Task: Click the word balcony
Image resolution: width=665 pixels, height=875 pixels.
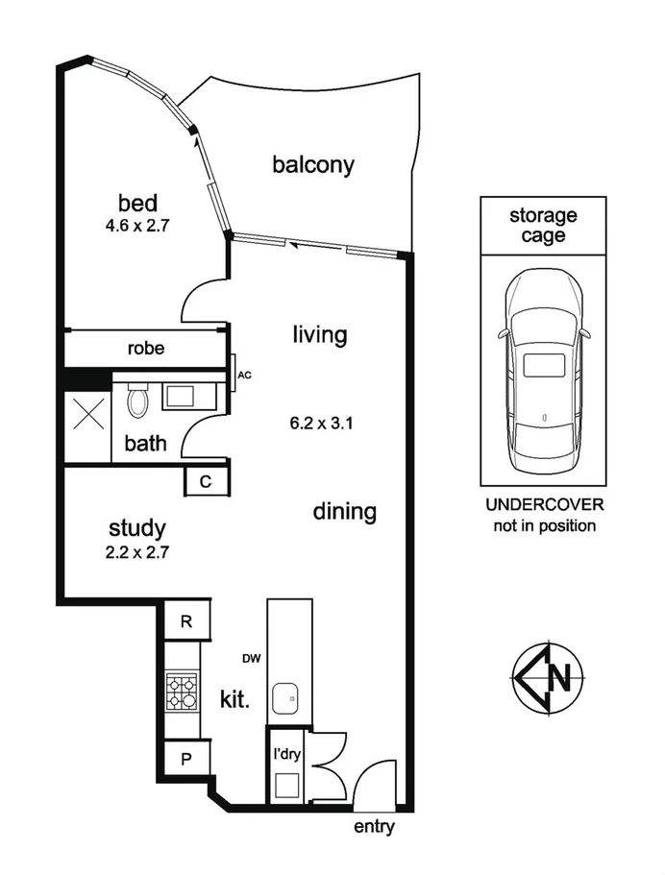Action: coord(313,164)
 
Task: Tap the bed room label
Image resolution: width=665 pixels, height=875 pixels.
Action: coord(137,204)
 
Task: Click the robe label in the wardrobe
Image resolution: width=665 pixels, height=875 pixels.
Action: coord(145,349)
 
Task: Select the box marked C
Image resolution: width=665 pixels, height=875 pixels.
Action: coord(207,481)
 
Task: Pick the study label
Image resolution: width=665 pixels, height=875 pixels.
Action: coord(138,528)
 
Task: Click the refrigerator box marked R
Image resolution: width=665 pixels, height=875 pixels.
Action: coord(188,621)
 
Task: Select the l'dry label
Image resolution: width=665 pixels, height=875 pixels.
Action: coord(286,754)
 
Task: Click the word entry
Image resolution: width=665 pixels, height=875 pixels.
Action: coord(375,826)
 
